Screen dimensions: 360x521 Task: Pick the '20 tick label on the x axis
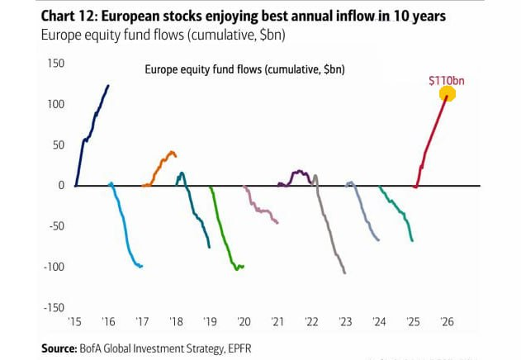click(x=244, y=322)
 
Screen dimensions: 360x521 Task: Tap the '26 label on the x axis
click(x=447, y=322)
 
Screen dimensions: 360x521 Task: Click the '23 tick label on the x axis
click(x=345, y=322)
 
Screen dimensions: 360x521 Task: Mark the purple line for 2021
click(x=297, y=174)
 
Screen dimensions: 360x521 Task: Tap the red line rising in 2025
click(x=431, y=140)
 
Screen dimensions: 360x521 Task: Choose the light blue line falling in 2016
click(x=124, y=231)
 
